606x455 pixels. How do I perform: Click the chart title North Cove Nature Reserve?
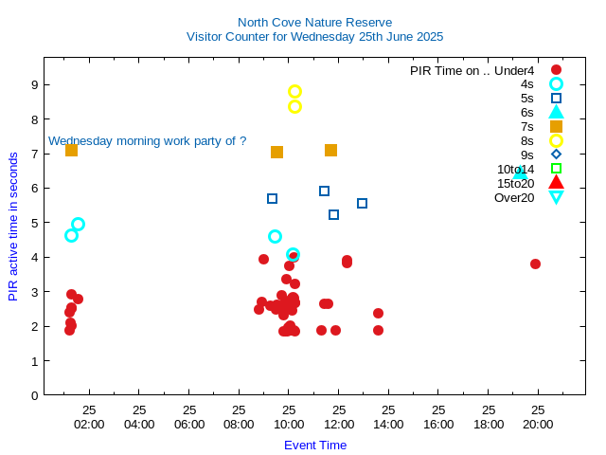[x=314, y=22]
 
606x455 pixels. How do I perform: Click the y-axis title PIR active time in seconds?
[x=13, y=226]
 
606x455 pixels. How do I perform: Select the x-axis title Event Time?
[x=315, y=445]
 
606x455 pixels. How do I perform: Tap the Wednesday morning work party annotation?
[x=147, y=141]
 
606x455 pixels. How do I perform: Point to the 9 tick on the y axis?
[x=34, y=84]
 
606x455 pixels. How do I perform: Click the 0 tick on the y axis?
[x=34, y=395]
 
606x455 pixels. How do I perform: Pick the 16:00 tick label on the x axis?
[x=438, y=424]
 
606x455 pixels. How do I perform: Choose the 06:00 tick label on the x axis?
[x=189, y=424]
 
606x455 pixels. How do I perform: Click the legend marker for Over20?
[x=556, y=197]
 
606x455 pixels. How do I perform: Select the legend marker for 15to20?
[x=556, y=183]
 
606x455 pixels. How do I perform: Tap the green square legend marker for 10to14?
[x=556, y=169]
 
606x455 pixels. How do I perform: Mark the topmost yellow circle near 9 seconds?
[x=294, y=92]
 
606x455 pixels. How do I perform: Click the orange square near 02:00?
[x=71, y=150]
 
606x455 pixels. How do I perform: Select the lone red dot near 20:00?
[x=535, y=264]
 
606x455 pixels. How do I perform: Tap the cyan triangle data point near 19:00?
[x=520, y=173]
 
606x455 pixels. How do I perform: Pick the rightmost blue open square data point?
[x=362, y=203]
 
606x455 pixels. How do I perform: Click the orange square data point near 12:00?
[x=330, y=150]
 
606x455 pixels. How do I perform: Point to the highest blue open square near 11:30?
[x=324, y=191]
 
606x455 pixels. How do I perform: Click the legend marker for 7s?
[x=556, y=126]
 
